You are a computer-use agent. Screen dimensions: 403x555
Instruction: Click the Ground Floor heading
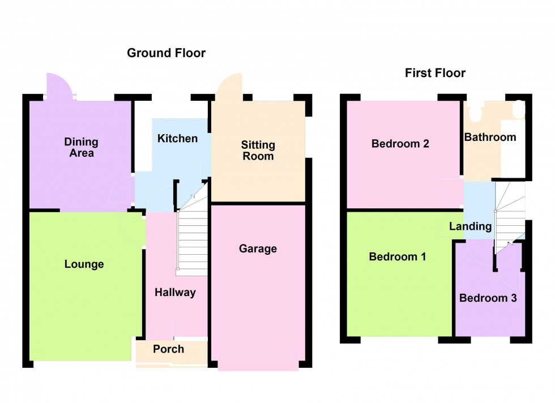(x=166, y=53)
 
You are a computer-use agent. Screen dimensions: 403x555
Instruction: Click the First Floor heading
(x=435, y=73)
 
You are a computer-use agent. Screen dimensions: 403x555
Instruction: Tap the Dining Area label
(x=81, y=147)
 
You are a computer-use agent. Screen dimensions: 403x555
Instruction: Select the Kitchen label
(x=177, y=139)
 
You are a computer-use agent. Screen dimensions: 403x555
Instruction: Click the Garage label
(x=258, y=248)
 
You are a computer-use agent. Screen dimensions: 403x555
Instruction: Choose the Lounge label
(x=84, y=264)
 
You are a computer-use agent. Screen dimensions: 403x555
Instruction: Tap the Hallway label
(x=175, y=292)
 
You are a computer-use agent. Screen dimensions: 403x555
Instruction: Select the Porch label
(x=168, y=349)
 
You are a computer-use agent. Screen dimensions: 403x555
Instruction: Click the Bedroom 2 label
(x=400, y=144)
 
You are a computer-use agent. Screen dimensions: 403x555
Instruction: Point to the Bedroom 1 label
(x=397, y=257)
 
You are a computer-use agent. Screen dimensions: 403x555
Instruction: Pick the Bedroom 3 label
(x=488, y=298)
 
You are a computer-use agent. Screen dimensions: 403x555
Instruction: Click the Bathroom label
(x=490, y=137)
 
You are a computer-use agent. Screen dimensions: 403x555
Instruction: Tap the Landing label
(x=470, y=226)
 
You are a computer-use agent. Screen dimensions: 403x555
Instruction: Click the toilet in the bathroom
(x=474, y=112)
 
